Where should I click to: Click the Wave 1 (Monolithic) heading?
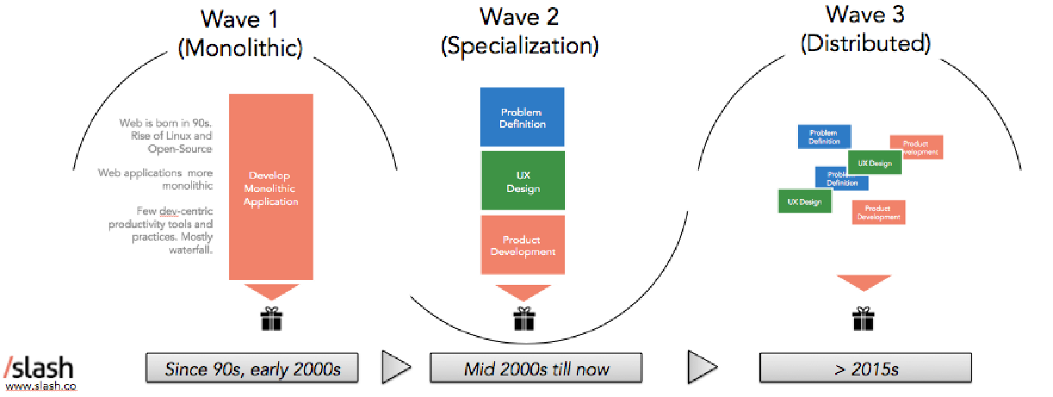click(x=240, y=33)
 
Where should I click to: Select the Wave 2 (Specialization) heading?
click(x=519, y=31)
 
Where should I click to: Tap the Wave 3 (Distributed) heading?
click(x=865, y=29)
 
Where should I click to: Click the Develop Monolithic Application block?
click(x=270, y=188)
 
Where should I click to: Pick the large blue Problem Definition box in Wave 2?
click(x=523, y=117)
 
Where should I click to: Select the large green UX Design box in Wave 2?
click(x=523, y=181)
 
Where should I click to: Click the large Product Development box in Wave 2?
click(x=523, y=245)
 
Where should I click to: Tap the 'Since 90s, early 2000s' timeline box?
click(x=252, y=368)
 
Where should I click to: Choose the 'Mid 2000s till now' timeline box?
click(x=536, y=368)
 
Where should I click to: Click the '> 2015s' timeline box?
click(x=865, y=368)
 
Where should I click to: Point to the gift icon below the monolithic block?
click(x=271, y=319)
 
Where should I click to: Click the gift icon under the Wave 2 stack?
click(x=524, y=319)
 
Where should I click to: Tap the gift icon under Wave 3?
click(x=863, y=319)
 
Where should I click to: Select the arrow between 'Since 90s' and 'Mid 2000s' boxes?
click(x=395, y=367)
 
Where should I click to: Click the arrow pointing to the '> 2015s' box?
click(x=702, y=367)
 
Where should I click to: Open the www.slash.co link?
click(x=41, y=386)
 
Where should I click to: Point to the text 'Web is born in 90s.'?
click(x=165, y=123)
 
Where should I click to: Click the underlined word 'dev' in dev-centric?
click(x=169, y=211)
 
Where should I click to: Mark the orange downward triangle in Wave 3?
click(x=863, y=282)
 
